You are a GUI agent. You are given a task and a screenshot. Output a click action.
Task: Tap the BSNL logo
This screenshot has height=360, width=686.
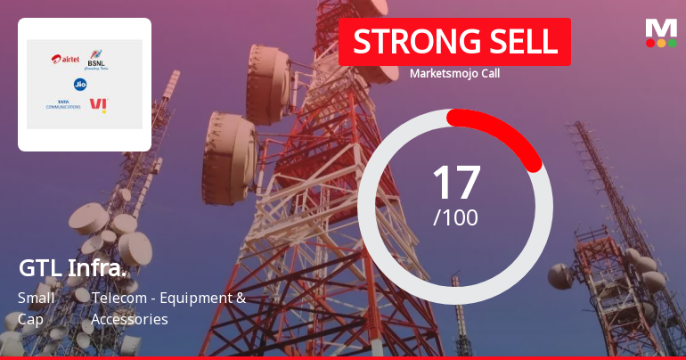(95, 61)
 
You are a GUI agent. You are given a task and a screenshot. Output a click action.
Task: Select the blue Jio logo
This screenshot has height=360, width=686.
(80, 84)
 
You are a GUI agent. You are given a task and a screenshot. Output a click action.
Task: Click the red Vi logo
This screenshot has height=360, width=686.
(97, 105)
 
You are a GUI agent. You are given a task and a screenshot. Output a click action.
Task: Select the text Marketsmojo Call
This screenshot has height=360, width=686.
(454, 73)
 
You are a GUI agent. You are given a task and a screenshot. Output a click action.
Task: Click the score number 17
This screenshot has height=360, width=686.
(455, 182)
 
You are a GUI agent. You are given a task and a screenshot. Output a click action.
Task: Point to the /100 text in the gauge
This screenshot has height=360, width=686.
(455, 217)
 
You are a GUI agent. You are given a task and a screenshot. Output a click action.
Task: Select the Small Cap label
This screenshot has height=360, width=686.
(36, 307)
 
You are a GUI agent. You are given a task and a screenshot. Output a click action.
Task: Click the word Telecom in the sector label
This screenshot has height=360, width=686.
(119, 298)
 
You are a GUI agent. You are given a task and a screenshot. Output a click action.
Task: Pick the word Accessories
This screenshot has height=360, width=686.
(130, 318)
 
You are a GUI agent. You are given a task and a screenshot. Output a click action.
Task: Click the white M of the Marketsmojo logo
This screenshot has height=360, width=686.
(661, 28)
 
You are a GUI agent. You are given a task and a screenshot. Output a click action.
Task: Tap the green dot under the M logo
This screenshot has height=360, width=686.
(672, 42)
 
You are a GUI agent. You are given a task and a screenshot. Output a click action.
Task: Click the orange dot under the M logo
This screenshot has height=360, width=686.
(661, 42)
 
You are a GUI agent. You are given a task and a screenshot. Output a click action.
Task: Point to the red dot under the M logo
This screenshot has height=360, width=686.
(650, 42)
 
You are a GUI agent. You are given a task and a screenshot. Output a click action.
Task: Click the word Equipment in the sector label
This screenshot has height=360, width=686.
(197, 298)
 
